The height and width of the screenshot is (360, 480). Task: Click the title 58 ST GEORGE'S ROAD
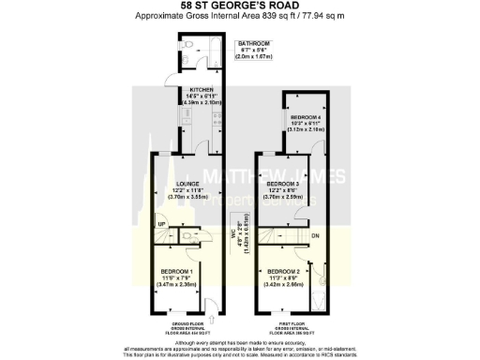pyautogui.click(x=239, y=7)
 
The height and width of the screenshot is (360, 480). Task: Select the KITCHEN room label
pyautogui.click(x=190, y=89)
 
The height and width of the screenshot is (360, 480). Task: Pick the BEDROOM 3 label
pyautogui.click(x=285, y=184)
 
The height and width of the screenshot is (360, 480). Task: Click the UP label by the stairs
pyautogui.click(x=161, y=225)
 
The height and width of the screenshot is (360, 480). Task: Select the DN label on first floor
pyautogui.click(x=315, y=234)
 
